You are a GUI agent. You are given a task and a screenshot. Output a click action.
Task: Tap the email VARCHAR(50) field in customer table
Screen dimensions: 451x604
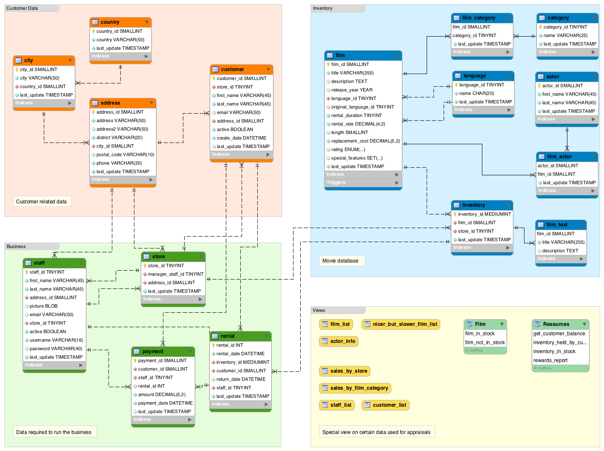[x=238, y=113]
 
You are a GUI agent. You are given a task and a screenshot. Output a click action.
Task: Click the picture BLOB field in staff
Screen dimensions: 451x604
[x=43, y=306]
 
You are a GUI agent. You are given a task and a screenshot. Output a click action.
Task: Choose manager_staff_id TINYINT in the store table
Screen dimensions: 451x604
[x=175, y=274]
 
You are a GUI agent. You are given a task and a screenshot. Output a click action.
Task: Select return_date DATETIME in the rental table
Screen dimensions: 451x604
[x=241, y=380]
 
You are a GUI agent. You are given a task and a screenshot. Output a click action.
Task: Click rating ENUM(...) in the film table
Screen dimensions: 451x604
[x=348, y=150]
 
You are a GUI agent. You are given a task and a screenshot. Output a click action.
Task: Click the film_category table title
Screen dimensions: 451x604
[x=479, y=18]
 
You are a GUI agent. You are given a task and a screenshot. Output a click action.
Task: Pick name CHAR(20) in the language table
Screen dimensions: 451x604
[x=476, y=94]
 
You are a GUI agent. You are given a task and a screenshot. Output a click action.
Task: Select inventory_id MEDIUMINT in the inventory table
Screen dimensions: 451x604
[x=484, y=214]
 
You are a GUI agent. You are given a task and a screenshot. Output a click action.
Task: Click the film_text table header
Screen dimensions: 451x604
[x=557, y=225]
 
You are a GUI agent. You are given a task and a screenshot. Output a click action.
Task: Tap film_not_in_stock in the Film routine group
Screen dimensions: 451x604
[x=485, y=343]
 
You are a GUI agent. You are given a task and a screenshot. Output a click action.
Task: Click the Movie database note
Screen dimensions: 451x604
[x=340, y=261]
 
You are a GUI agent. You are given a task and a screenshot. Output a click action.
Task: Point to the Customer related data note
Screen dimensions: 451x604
[x=41, y=202]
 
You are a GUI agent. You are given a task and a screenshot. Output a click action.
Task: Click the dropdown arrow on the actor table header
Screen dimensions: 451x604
[x=594, y=77]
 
